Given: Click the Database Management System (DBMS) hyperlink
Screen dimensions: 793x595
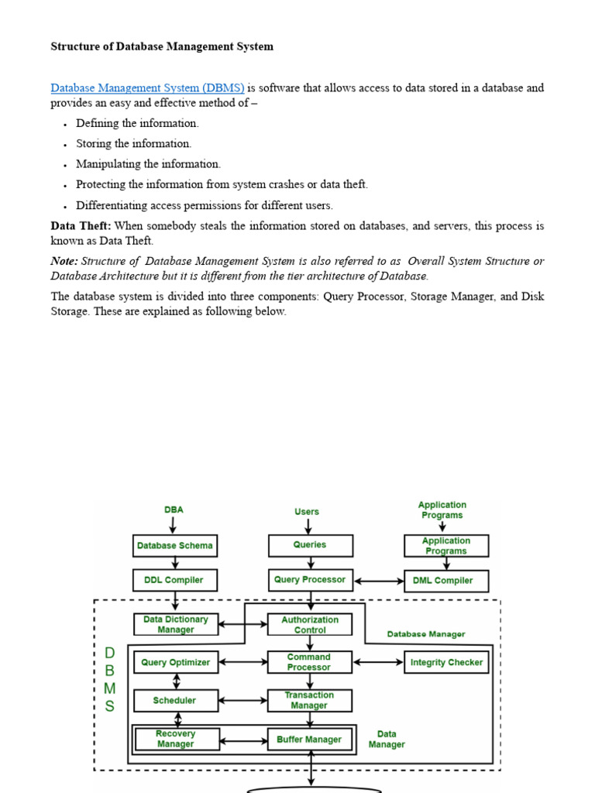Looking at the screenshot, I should [x=147, y=88].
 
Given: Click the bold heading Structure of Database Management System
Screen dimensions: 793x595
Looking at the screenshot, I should [x=162, y=46].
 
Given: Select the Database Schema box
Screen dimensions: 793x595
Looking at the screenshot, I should [x=175, y=546].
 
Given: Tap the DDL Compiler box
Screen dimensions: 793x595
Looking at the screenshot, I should [x=175, y=580].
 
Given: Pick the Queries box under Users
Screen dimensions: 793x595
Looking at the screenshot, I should [x=310, y=545].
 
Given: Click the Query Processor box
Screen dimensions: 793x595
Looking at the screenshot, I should [x=310, y=580].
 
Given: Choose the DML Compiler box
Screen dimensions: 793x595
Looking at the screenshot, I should [x=446, y=581].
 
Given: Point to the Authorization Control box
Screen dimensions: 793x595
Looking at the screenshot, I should [x=310, y=625].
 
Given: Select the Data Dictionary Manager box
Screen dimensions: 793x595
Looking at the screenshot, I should [x=176, y=625].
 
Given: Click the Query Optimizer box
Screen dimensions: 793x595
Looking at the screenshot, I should [x=176, y=663].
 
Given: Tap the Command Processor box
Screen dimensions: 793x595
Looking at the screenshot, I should [x=309, y=662].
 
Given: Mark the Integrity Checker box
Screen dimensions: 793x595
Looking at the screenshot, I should [x=446, y=663].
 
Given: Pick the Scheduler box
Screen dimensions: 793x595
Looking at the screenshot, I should [x=175, y=701].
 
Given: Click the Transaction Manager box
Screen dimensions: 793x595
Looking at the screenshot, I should [x=309, y=701].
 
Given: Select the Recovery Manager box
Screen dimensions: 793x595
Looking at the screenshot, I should [x=176, y=740].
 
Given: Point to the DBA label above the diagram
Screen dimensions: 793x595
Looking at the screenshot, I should [x=174, y=510].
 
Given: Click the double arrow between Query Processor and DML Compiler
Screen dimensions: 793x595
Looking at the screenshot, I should [x=378, y=580].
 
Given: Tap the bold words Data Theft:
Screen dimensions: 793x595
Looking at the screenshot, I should [x=81, y=226].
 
